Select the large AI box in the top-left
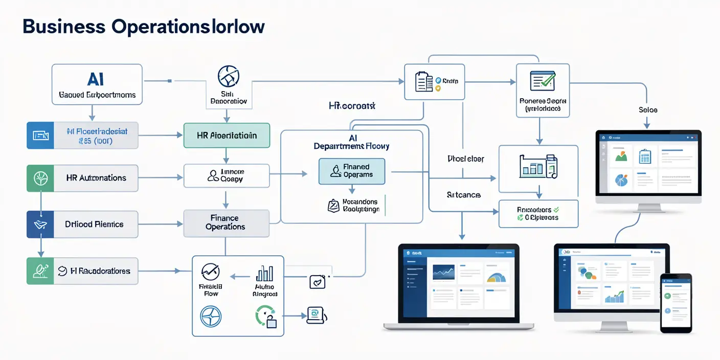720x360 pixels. pos(97,84)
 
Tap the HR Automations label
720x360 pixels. pos(96,178)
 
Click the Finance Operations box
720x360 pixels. pos(226,222)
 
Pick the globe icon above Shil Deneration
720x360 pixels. pos(228,76)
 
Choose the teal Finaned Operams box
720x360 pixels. pos(351,171)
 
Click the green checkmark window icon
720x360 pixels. pos(543,80)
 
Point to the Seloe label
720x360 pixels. pos(648,110)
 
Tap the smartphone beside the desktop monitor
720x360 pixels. pos(676,303)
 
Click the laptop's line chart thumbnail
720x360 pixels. pos(443,273)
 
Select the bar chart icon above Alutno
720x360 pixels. pos(264,274)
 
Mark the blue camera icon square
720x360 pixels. pos(40,136)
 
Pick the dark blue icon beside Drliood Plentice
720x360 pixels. pos(40,224)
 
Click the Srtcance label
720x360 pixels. pos(463,195)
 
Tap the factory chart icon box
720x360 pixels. pos(538,166)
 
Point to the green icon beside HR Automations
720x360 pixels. pos(40,178)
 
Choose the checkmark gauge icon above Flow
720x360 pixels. pos(210,272)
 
